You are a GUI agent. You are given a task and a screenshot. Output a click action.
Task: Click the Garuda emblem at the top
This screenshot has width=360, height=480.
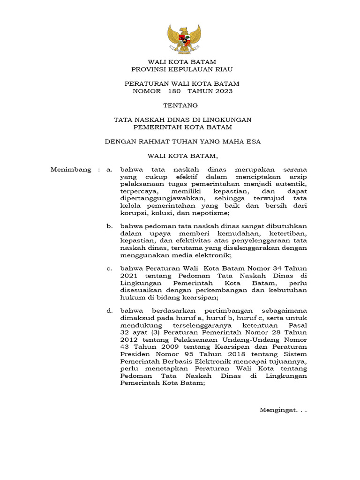[x=184, y=39]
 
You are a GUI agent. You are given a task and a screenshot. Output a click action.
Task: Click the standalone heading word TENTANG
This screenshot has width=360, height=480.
[x=180, y=105]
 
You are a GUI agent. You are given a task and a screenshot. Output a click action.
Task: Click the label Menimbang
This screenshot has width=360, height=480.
[x=70, y=170]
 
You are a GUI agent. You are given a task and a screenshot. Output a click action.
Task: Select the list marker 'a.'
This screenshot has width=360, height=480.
[x=110, y=170]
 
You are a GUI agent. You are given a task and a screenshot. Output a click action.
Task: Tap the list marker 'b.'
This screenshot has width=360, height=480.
[x=110, y=226]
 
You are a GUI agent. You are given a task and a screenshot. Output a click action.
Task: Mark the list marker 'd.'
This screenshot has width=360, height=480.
[x=110, y=310]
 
